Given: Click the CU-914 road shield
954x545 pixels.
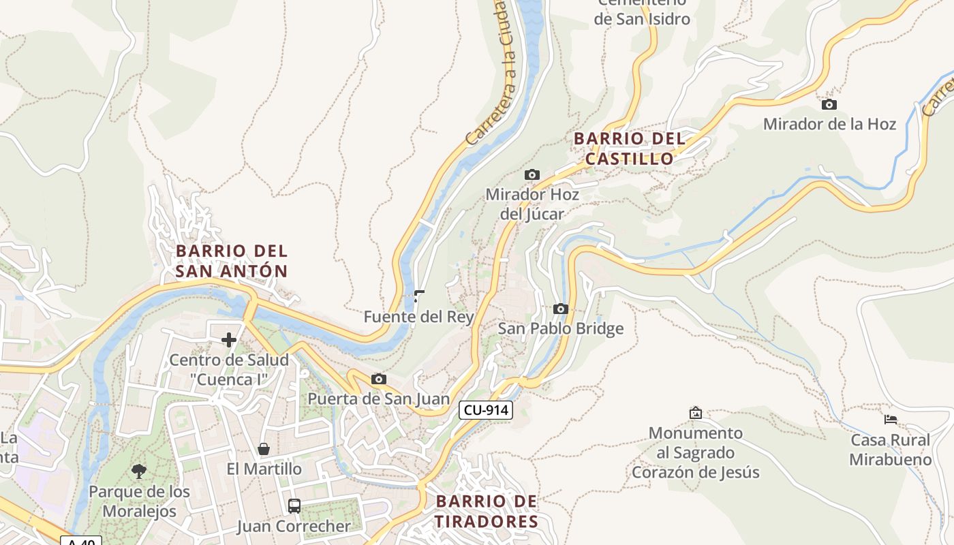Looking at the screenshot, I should pyautogui.click(x=485, y=410).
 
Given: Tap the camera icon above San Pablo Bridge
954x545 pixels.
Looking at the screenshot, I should pyautogui.click(x=561, y=309).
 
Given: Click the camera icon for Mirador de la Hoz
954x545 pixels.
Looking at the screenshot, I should pyautogui.click(x=829, y=105).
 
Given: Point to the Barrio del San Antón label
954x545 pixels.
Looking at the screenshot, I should pyautogui.click(x=232, y=261).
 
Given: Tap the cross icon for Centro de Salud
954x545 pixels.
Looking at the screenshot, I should pyautogui.click(x=229, y=339).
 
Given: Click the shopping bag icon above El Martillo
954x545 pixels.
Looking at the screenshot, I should pyautogui.click(x=264, y=449).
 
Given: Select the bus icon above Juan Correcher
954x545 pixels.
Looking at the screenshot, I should pyautogui.click(x=294, y=506).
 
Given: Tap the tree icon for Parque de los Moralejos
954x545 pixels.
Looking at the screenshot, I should pyautogui.click(x=139, y=471).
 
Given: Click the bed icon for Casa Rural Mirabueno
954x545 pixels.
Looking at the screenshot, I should pyautogui.click(x=890, y=420).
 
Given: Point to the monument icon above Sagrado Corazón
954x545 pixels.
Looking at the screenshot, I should pyautogui.click(x=695, y=413).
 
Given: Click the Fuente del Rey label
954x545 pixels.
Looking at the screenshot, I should pyautogui.click(x=418, y=317).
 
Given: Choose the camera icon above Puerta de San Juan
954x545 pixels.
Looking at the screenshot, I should pyautogui.click(x=379, y=379).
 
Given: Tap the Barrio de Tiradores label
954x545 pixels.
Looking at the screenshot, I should pyautogui.click(x=487, y=512).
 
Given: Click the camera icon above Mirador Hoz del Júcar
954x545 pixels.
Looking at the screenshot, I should pyautogui.click(x=532, y=175).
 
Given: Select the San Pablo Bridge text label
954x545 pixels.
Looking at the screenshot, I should pyautogui.click(x=561, y=329).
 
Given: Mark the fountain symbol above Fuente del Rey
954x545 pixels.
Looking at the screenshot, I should pyautogui.click(x=419, y=296).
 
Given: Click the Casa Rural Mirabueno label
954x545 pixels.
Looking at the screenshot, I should pyautogui.click(x=890, y=450).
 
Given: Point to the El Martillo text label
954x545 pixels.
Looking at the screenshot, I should pyautogui.click(x=264, y=469).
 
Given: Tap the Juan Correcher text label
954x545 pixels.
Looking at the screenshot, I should pyautogui.click(x=294, y=527).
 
